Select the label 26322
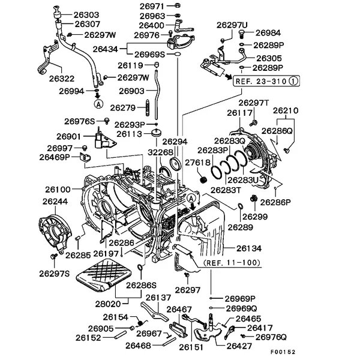pos(62,78)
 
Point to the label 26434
pos(112,47)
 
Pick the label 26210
pos(286,111)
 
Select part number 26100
pos(57,190)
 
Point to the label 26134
pos(248,248)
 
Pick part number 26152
pos(88,338)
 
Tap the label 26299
pos(256,216)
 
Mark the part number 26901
pos(69,136)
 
